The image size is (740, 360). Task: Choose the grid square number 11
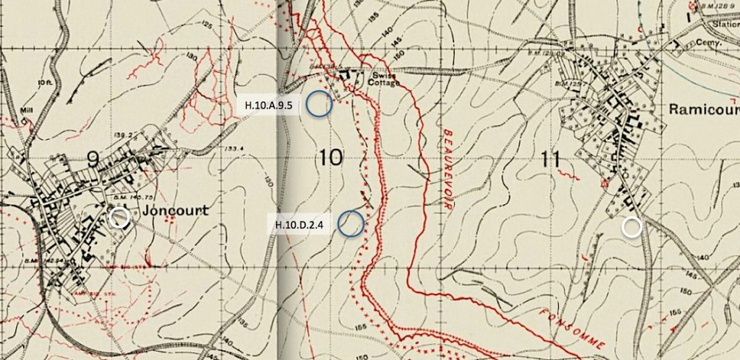(549, 159)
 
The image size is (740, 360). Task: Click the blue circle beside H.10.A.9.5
(318, 104)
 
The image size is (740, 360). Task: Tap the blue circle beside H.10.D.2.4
(351, 223)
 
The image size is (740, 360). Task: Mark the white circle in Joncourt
(119, 217)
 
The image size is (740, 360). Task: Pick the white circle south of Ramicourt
(632, 227)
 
